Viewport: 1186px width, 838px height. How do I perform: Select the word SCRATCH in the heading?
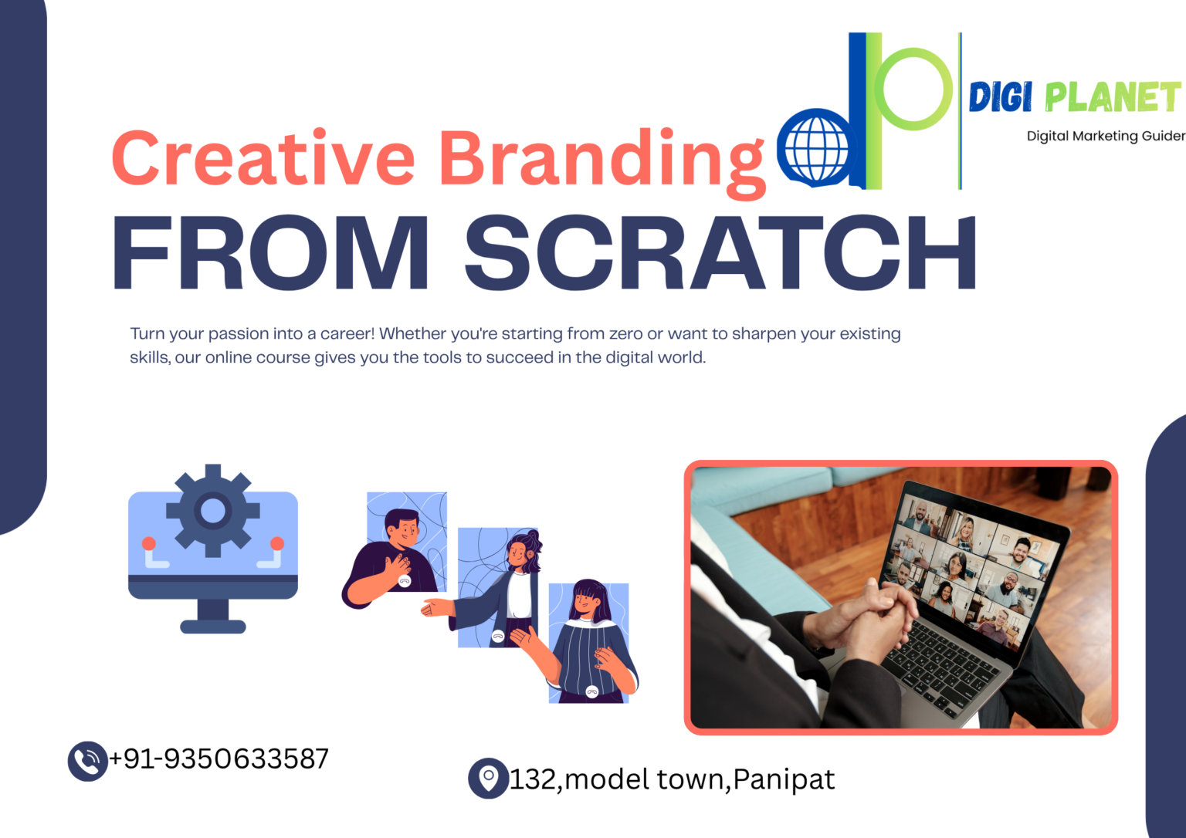pyautogui.click(x=720, y=252)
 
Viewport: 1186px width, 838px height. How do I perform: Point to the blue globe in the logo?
pyautogui.click(x=815, y=147)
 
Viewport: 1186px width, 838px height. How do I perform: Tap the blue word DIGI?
pyautogui.click(x=1000, y=96)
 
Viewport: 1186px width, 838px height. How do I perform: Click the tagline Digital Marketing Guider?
pyautogui.click(x=1106, y=136)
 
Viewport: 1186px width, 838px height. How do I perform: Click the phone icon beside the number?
pyautogui.click(x=88, y=762)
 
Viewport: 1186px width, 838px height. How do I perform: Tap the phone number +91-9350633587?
pyautogui.click(x=219, y=759)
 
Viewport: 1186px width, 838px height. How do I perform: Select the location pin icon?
pyautogui.click(x=488, y=779)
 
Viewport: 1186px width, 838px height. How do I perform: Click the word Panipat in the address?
pyautogui.click(x=784, y=780)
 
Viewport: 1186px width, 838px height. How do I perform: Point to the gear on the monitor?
pyautogui.click(x=213, y=511)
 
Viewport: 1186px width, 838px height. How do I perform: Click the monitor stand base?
pyautogui.click(x=213, y=627)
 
